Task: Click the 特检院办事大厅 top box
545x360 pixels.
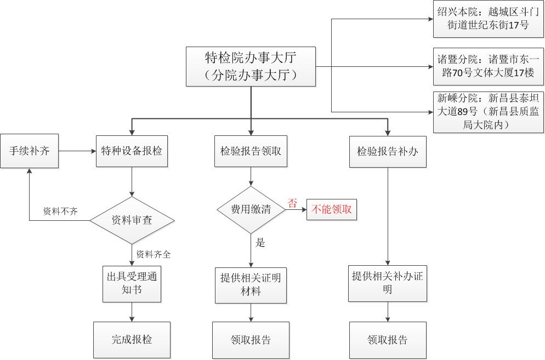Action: click(x=251, y=66)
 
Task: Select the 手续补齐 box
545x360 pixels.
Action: click(x=29, y=151)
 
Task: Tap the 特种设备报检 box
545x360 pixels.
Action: click(x=132, y=151)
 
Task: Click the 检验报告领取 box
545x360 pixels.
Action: click(x=251, y=151)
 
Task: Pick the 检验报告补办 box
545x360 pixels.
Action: click(x=388, y=151)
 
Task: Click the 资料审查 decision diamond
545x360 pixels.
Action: click(x=132, y=220)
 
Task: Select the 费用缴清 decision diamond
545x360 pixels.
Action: click(x=251, y=209)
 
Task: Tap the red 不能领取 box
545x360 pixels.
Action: click(x=332, y=209)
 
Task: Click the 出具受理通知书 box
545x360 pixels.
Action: click(x=132, y=283)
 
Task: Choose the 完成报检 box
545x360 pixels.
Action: click(x=132, y=340)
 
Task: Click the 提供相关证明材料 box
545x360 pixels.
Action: click(x=251, y=284)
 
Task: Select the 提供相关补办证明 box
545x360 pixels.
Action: click(x=388, y=283)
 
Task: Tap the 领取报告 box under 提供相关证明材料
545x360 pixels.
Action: click(x=251, y=340)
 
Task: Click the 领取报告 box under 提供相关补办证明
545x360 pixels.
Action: click(x=388, y=340)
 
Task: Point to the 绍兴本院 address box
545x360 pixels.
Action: click(x=488, y=19)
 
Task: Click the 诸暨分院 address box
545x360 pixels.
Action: click(x=488, y=66)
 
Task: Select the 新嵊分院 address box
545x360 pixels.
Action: click(x=488, y=112)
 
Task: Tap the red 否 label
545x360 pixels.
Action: click(x=292, y=202)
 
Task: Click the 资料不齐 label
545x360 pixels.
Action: click(x=60, y=212)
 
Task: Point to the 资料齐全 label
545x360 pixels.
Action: click(x=154, y=254)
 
